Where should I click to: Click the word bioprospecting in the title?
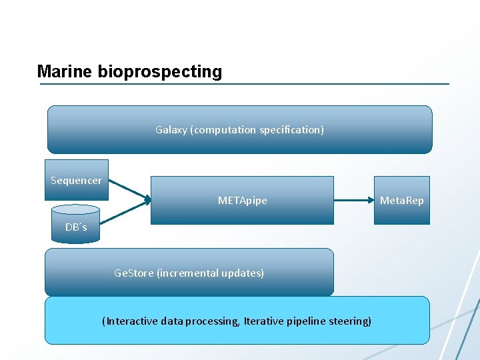coord(159,72)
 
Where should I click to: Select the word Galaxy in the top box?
coord(171,129)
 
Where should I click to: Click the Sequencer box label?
coord(76,180)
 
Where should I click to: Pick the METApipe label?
coord(242,200)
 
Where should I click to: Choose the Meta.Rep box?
coord(401,200)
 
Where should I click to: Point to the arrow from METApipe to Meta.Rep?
coord(353,200)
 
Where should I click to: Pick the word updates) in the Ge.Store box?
coord(244,273)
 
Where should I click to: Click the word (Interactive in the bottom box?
coord(127,321)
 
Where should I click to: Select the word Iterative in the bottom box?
coord(262,321)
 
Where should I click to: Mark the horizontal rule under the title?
coord(243,84)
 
